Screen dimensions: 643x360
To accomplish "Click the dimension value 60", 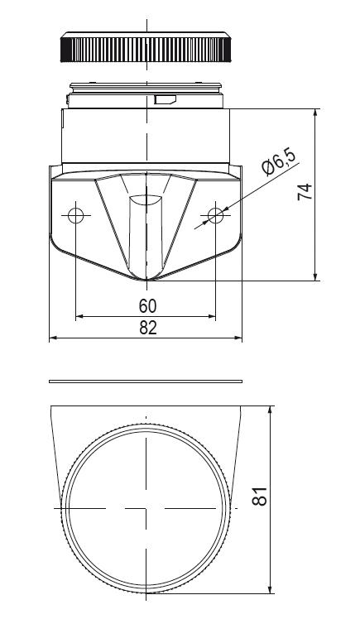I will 147,305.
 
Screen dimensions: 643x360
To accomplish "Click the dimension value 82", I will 147,328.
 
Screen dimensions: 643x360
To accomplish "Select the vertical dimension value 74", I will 305,192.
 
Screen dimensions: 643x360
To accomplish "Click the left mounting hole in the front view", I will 76,216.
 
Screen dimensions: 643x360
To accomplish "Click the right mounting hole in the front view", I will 216,216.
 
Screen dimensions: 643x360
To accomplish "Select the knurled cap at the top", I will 146,49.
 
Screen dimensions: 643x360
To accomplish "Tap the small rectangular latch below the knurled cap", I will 165,100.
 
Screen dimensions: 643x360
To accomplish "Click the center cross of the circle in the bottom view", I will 146,507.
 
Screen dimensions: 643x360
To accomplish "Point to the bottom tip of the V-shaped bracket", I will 146,279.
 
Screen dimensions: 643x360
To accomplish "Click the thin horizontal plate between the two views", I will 146,381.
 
